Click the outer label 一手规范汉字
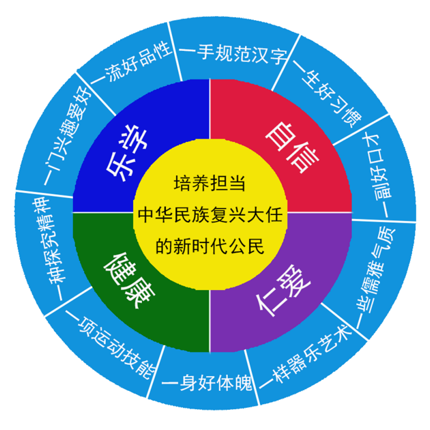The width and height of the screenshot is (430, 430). (233, 54)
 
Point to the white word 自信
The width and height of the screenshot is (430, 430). (292, 148)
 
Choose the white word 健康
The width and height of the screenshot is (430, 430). (129, 280)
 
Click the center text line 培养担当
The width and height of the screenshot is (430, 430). (209, 183)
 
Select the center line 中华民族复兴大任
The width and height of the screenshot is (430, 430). (210, 214)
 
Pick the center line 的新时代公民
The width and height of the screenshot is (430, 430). (210, 246)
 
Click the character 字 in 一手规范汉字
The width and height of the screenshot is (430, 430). (278, 56)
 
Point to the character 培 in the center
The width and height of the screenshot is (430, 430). (183, 183)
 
